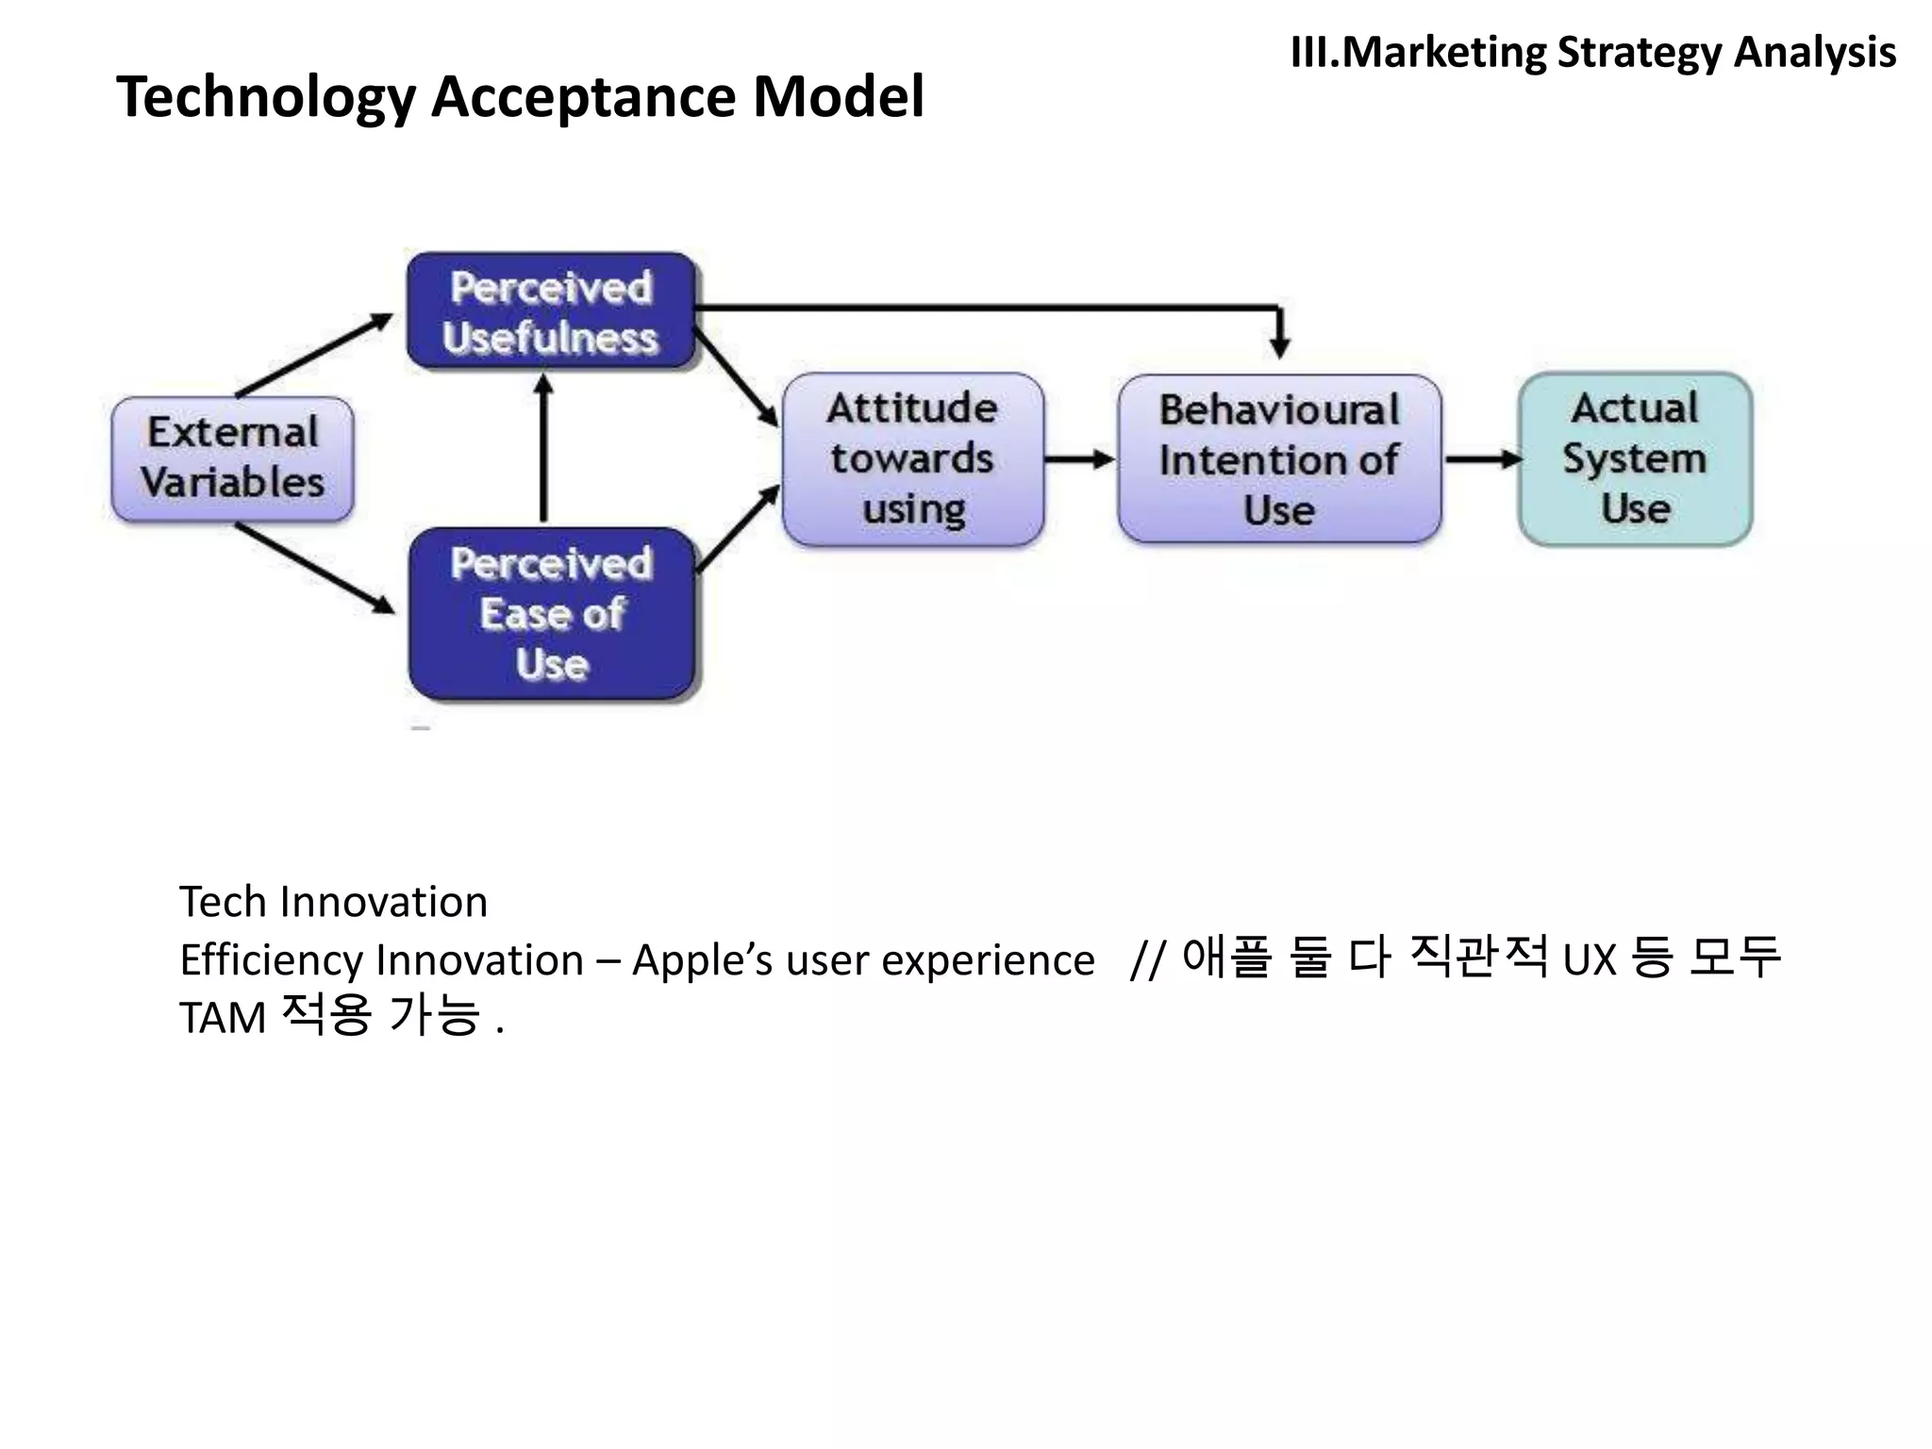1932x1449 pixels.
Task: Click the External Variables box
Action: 232,458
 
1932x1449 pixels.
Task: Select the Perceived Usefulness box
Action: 551,311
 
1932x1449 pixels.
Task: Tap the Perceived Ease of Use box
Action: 552,613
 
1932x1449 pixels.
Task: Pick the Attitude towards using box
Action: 913,458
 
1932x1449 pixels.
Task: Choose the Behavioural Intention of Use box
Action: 1279,459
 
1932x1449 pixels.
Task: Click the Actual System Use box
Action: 1635,458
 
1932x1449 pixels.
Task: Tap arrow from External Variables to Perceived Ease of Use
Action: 315,568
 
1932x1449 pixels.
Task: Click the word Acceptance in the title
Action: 584,96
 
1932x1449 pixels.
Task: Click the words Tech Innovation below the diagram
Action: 333,902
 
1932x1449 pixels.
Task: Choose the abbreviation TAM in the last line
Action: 223,1019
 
